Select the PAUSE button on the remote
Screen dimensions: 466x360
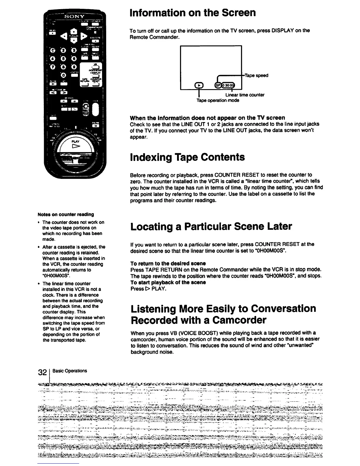point(95,126)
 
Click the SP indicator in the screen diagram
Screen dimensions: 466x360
point(218,85)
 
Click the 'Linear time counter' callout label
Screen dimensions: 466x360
point(245,95)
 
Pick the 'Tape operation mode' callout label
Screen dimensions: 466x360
point(218,100)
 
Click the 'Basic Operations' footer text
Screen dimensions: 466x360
point(70,371)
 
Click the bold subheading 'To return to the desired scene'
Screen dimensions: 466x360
point(168,263)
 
